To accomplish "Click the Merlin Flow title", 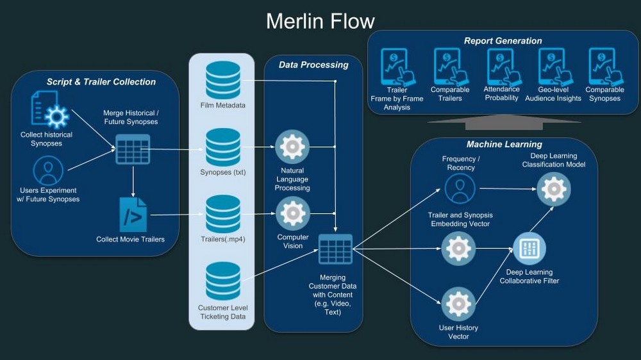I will [x=320, y=20].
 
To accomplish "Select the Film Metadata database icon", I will [x=223, y=79].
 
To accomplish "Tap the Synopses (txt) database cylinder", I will [x=223, y=147].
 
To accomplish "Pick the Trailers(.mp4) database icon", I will [x=223, y=214].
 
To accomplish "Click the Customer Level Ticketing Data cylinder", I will [x=223, y=281].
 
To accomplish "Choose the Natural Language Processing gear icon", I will [x=292, y=147].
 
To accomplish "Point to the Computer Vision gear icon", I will [x=292, y=214].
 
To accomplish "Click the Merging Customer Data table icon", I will [x=335, y=249].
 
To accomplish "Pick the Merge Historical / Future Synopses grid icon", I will [x=132, y=150].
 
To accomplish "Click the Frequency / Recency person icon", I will [x=460, y=189].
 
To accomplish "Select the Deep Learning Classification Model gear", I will [x=553, y=189].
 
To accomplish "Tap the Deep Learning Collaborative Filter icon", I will [x=529, y=249].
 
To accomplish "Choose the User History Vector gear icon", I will [x=460, y=304].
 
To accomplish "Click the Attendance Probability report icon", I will [x=501, y=67].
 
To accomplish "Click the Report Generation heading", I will [x=503, y=41].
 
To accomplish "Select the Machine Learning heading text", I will [x=504, y=145].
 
